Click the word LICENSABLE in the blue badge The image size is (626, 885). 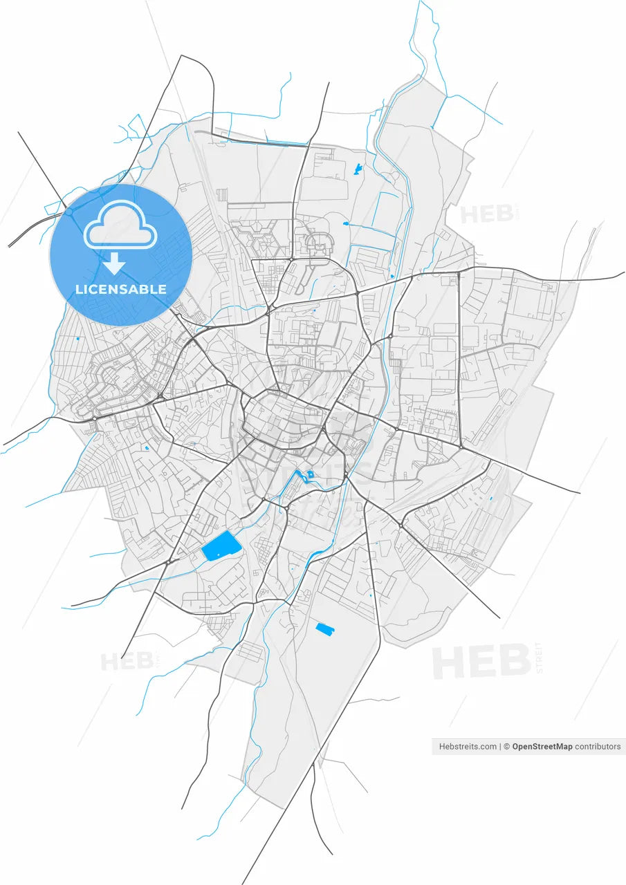[120, 289]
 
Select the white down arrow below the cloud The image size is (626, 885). [114, 263]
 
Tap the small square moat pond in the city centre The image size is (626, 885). [310, 474]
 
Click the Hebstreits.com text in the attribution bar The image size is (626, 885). [468, 747]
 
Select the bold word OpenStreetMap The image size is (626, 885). [542, 747]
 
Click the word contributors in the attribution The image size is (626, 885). [598, 747]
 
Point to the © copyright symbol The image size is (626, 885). [506, 747]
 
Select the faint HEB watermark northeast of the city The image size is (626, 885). [488, 214]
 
